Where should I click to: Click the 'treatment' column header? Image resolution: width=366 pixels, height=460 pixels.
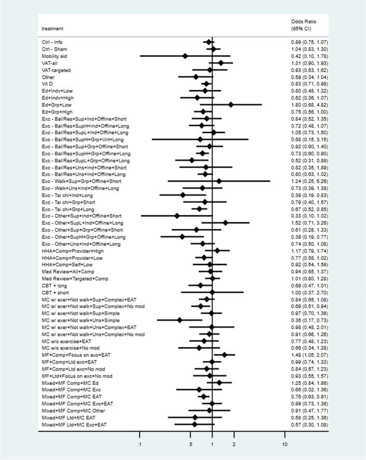51,29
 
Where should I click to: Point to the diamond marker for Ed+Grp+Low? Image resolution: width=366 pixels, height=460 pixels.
231,105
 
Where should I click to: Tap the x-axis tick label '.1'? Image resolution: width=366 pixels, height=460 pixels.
140,445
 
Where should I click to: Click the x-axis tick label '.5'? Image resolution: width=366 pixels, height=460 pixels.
190,445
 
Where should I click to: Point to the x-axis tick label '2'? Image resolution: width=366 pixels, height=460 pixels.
234,445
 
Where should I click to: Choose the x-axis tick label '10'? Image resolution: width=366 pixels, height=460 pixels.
284,445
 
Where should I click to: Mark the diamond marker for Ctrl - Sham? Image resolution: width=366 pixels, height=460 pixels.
213,49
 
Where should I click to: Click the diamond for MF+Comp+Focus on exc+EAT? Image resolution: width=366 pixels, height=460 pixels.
224,355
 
